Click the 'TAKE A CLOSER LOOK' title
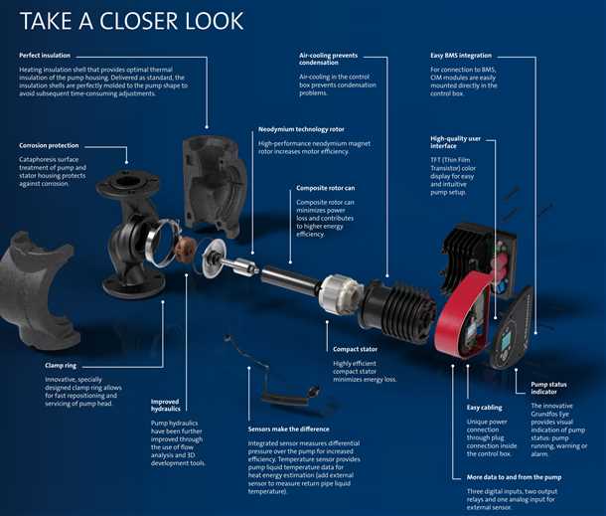coord(131,21)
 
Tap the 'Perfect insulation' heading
coord(45,56)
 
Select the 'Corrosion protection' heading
coord(49,145)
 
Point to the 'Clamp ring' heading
coord(61,366)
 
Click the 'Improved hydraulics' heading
coord(166,405)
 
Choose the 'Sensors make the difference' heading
coord(289,429)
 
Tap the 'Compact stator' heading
coord(356,349)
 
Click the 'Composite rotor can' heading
coord(326,188)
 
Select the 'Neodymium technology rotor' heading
coord(301,129)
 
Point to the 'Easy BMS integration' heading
coord(461,56)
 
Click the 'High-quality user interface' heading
coord(456,142)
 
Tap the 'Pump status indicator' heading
coord(548,388)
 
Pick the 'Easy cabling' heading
coord(485,408)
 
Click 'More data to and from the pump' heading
coord(514,477)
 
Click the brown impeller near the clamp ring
coord(184,250)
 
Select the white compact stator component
coord(336,293)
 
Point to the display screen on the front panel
coord(506,341)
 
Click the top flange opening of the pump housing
coord(127,181)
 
